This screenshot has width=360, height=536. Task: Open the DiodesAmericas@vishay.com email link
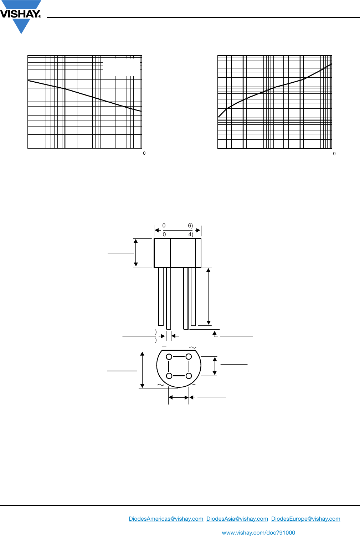coord(166,519)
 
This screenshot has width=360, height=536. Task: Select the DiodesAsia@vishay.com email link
coord(237,519)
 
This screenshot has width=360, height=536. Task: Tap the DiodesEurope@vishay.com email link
coord(306,519)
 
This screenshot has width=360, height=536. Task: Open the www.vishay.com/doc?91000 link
coord(258,533)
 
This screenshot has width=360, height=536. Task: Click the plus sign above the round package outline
coord(164,346)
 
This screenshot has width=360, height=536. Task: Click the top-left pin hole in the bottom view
coord(169,357)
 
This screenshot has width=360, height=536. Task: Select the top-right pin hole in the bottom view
coord(189,357)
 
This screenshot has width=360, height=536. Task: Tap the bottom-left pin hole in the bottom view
coord(169,376)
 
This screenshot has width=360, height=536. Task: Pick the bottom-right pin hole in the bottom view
coord(189,376)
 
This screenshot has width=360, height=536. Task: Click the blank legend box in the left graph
coord(121,67)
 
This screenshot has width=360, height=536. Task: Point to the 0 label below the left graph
coord(144,153)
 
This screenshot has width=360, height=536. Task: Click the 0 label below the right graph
coord(334,154)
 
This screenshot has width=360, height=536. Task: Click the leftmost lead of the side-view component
coord(161,297)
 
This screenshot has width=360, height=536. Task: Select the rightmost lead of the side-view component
coord(193,297)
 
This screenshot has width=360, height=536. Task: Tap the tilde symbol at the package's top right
coord(192,347)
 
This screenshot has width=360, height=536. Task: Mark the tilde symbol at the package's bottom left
coord(160,385)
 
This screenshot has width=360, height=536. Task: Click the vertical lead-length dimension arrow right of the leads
coord(209,297)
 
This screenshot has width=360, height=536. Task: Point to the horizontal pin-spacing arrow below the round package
coord(179,397)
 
